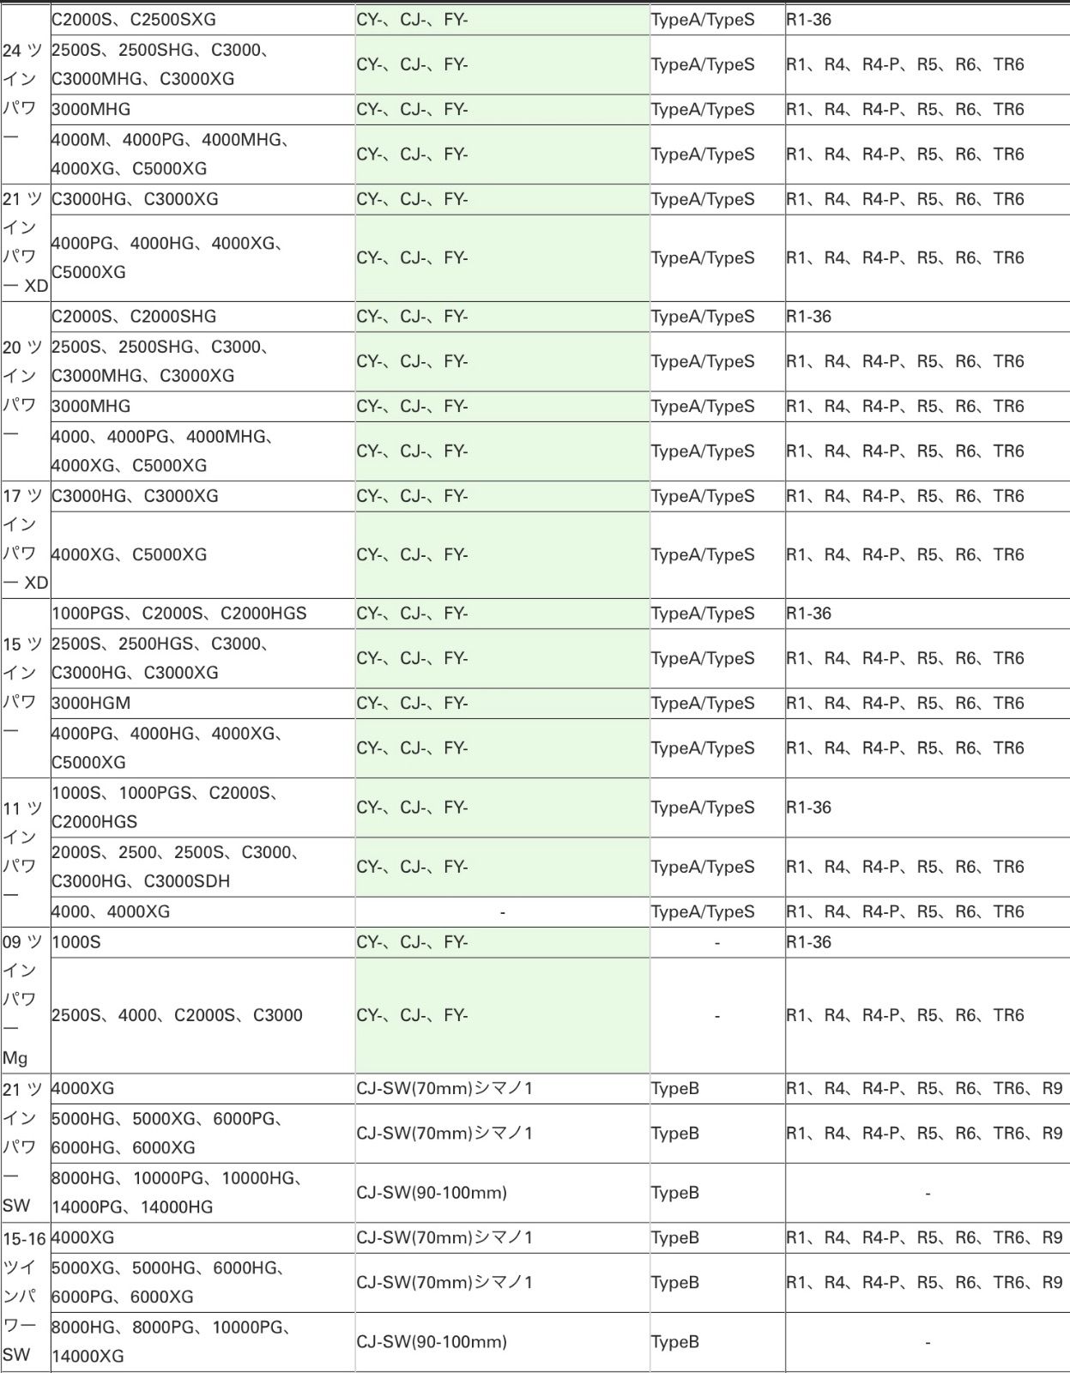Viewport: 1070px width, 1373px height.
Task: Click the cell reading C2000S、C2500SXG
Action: click(134, 19)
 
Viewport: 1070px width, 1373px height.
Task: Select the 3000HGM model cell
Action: click(91, 703)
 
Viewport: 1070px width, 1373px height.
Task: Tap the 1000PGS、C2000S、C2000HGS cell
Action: click(178, 614)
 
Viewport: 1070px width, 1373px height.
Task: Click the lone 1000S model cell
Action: click(76, 942)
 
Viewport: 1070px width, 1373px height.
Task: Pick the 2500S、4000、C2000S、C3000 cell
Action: click(177, 1015)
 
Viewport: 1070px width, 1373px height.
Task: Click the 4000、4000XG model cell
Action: click(111, 911)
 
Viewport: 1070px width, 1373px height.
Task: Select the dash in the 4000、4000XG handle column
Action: click(502, 911)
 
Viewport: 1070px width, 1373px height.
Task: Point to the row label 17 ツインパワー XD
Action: click(24, 539)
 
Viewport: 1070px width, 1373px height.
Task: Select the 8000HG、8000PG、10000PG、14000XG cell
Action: click(172, 1341)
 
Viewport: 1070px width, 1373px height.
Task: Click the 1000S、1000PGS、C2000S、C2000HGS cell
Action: click(165, 807)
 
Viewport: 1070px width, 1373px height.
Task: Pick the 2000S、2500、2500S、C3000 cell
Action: click(176, 867)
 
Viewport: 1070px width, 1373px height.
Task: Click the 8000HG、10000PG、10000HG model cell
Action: click(177, 1192)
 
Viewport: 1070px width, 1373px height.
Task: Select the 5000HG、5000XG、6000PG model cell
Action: click(168, 1133)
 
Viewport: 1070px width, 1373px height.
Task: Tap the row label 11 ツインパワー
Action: click(24, 852)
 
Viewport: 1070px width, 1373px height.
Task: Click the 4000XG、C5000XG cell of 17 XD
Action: click(129, 554)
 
